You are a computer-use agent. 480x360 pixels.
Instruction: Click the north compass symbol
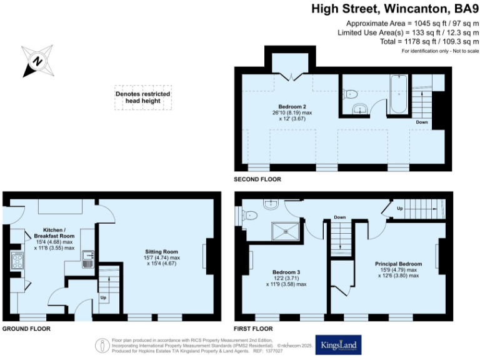[x=36, y=61]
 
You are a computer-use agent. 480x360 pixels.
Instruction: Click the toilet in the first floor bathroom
[x=251, y=216]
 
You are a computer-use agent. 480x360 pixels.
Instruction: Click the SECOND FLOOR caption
[x=257, y=179]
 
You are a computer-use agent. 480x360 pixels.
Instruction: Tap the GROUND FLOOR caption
[x=26, y=328]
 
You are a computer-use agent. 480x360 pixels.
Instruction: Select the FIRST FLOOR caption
[x=253, y=328]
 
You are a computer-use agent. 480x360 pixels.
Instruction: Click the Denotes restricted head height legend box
[x=142, y=98]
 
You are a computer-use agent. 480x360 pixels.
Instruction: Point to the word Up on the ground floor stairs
[x=104, y=297]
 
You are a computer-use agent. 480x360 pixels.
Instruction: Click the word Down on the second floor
[x=422, y=122]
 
